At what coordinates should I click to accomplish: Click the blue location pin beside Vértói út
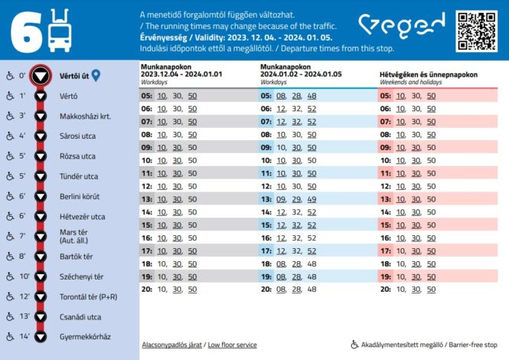pyautogui.click(x=96, y=76)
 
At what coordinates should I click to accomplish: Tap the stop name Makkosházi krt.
pyautogui.click(x=85, y=116)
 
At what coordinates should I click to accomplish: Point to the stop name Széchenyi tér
pyautogui.click(x=81, y=277)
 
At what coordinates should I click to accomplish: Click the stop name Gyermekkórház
pyautogui.click(x=85, y=336)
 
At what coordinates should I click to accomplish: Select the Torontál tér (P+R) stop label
pyautogui.click(x=86, y=296)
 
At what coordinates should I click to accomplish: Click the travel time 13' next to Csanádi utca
pyautogui.click(x=24, y=316)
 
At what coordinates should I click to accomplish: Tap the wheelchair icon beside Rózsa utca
pyautogui.click(x=9, y=156)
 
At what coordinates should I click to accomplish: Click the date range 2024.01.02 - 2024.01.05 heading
pyautogui.click(x=300, y=74)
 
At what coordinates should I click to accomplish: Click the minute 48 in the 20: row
pyautogui.click(x=312, y=290)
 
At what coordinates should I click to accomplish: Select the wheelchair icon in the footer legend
pyautogui.click(x=354, y=345)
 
